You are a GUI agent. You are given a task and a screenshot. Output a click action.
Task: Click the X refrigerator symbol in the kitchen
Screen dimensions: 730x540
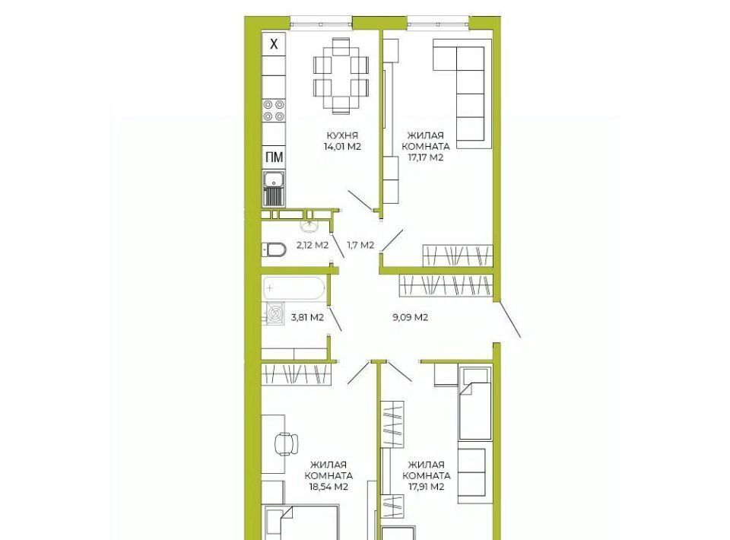pos(274,44)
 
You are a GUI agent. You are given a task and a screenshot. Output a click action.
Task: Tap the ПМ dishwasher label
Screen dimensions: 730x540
pos(274,157)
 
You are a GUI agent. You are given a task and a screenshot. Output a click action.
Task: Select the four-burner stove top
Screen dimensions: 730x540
pos(274,111)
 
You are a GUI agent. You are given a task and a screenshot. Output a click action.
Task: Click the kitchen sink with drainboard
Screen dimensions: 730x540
pos(274,189)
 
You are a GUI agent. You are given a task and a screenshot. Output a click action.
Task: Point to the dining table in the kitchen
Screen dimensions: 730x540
pos(341,76)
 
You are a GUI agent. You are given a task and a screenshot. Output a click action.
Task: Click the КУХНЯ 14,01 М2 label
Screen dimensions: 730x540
pos(342,141)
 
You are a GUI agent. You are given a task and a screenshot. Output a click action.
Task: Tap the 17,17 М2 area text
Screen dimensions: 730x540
pos(426,157)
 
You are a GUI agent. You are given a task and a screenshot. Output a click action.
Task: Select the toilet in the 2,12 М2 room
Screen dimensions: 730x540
pos(275,250)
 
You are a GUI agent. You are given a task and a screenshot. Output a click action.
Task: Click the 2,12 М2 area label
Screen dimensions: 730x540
pos(313,245)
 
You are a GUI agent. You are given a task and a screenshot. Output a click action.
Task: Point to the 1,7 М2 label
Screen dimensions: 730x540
pos(360,245)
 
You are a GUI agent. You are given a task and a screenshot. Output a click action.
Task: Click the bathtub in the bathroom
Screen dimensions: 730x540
pos(294,288)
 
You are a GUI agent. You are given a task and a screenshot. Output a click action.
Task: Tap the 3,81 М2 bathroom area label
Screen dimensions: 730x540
pos(307,318)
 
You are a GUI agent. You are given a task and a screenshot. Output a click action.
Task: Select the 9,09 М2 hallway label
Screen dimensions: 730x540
pos(410,318)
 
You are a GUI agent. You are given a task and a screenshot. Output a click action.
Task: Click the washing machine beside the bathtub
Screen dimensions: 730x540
pos(275,313)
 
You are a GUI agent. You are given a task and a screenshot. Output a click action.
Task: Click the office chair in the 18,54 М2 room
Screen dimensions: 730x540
pos(287,443)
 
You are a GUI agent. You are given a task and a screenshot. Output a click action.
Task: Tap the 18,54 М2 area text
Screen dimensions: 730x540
pos(328,487)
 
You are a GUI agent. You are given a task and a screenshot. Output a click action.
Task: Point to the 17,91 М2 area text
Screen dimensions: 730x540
pos(426,487)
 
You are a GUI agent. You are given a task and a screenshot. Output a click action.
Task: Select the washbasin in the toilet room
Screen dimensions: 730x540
pos(309,227)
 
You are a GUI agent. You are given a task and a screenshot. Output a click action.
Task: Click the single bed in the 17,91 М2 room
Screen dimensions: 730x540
pos(474,403)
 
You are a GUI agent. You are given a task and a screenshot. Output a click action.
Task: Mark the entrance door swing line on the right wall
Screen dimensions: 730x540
pos(510,319)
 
